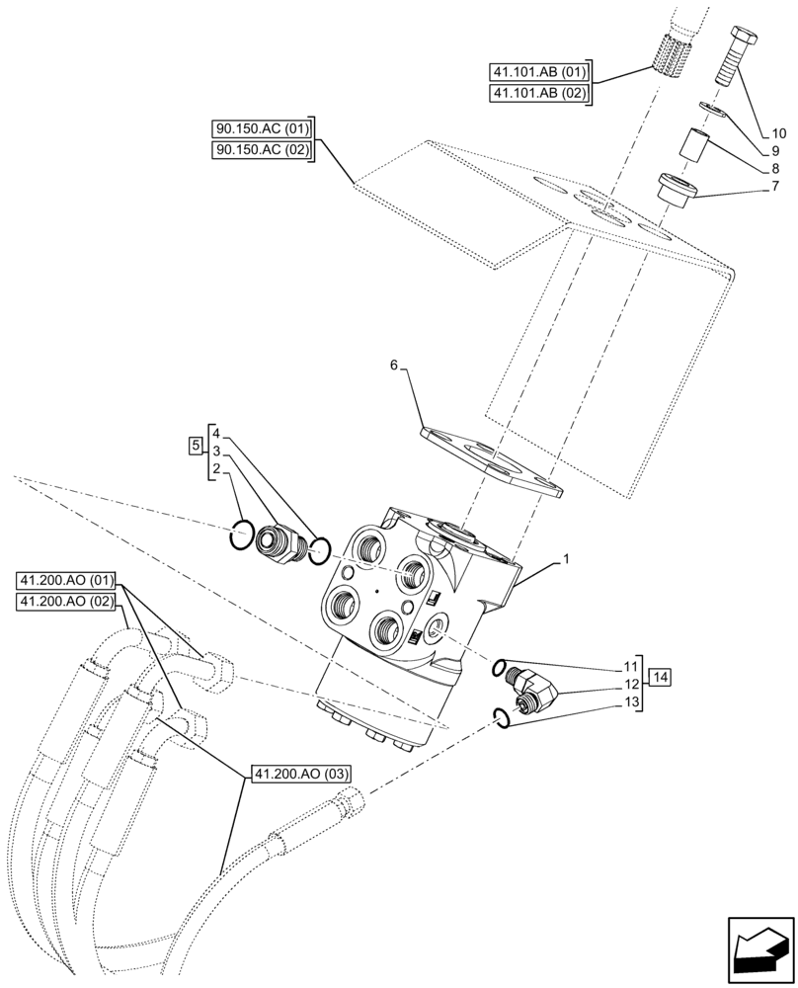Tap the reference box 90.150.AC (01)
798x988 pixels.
click(x=262, y=129)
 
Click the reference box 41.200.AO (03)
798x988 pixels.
click(x=294, y=774)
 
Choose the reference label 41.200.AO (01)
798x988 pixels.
click(x=67, y=579)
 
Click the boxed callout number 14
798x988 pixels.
click(x=661, y=678)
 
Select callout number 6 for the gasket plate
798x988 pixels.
click(x=394, y=366)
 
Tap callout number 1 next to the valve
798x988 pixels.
click(x=565, y=560)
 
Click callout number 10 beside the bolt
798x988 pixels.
click(x=778, y=132)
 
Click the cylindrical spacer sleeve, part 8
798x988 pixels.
click(x=693, y=149)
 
